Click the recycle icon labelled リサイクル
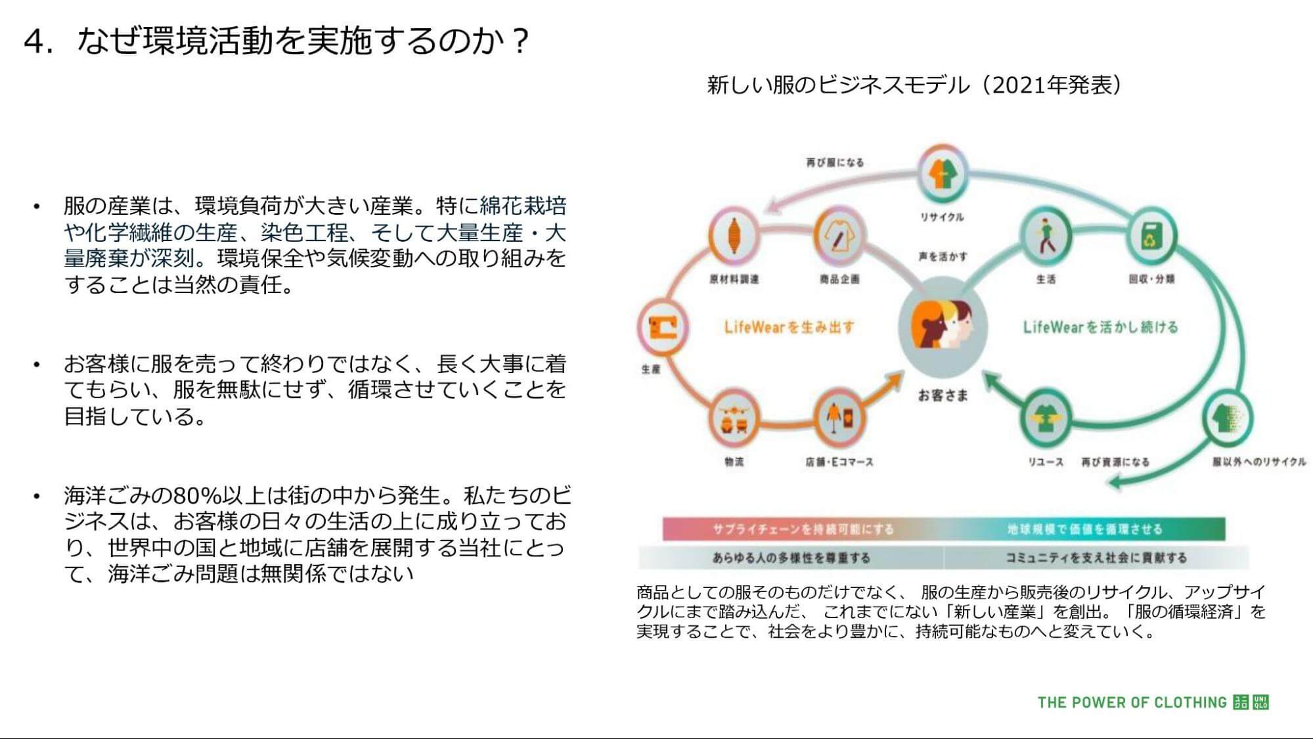[x=943, y=175]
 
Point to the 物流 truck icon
[x=734, y=418]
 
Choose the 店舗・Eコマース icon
[x=839, y=418]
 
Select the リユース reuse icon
[x=1045, y=418]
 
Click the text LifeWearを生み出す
[x=789, y=327]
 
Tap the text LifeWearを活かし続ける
[x=1100, y=327]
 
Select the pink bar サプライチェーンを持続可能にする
[x=803, y=529]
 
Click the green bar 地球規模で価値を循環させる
[x=1084, y=529]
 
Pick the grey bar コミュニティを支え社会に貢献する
[x=1096, y=558]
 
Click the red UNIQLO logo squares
[x=1251, y=702]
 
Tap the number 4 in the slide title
[x=38, y=41]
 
